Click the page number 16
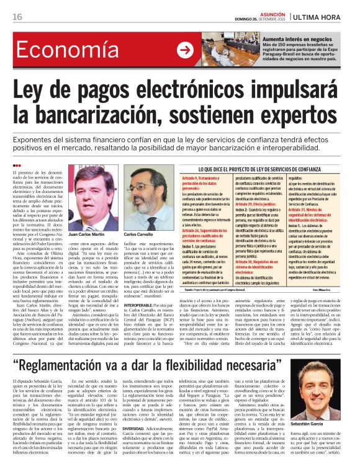tap(17, 17)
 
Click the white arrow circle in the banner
tap(185, 51)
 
